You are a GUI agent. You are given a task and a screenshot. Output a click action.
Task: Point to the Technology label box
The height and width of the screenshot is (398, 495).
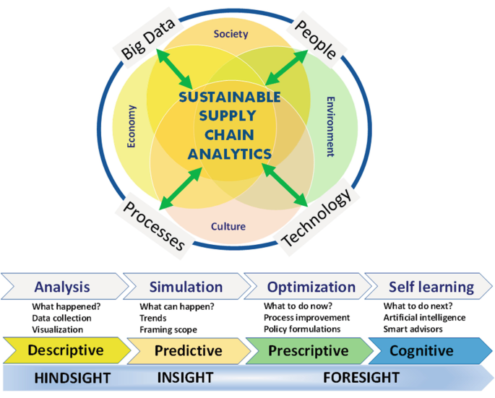(316, 218)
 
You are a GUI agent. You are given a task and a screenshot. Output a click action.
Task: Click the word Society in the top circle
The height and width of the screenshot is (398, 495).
(231, 34)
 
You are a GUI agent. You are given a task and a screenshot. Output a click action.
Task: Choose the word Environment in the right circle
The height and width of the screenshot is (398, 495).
(330, 126)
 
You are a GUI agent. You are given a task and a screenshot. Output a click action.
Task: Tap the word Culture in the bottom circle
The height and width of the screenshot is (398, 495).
(228, 226)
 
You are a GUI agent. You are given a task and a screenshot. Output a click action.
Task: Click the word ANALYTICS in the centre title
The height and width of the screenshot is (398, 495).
(230, 153)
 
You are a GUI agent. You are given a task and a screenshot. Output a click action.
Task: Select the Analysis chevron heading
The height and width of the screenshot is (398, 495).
(62, 287)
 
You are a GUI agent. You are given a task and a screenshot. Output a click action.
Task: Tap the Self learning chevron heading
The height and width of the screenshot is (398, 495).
(431, 287)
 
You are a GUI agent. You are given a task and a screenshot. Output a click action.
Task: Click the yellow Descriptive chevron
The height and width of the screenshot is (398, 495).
(65, 351)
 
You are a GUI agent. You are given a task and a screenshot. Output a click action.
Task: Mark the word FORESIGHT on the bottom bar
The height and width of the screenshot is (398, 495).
(361, 377)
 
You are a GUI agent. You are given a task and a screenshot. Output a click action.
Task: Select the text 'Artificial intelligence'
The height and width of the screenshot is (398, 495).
(424, 318)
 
